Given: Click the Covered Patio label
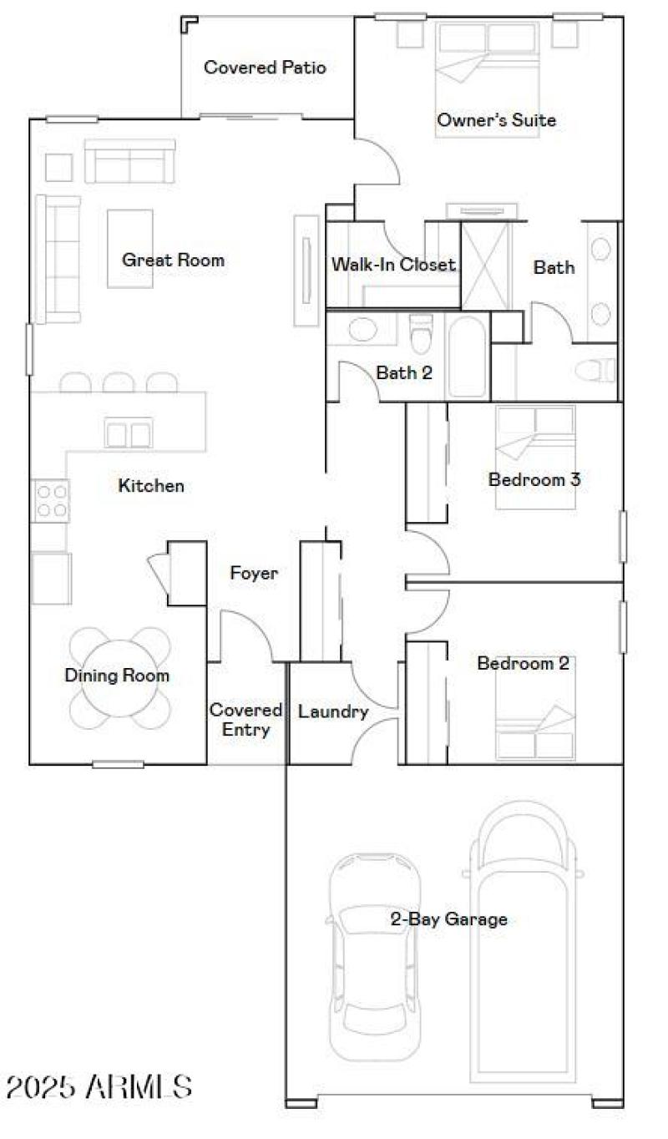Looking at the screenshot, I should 265,68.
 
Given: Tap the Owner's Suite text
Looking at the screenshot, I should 496,120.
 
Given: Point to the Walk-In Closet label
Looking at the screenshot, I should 393,265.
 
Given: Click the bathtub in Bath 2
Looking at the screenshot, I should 465,357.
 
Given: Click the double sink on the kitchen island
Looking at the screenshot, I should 128,433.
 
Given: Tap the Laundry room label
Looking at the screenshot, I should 333,712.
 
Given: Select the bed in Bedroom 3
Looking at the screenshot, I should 534,457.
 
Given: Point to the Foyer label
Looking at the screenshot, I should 254,574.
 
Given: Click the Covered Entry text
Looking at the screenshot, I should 245,720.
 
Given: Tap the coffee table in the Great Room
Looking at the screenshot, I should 130,248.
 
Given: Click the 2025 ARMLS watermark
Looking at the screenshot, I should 99,1086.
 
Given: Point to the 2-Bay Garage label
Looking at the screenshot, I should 448,919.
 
